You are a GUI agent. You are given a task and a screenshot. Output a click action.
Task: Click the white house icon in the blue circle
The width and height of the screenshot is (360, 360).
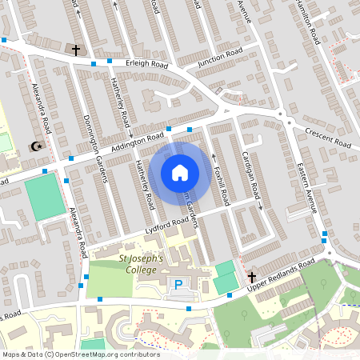point(180,172)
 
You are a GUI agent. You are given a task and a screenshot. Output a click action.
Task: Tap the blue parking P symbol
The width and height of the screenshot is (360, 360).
point(178,284)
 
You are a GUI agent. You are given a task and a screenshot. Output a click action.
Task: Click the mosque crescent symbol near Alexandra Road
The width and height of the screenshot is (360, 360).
point(35,146)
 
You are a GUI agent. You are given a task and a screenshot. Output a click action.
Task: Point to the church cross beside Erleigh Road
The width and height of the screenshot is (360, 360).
point(76,50)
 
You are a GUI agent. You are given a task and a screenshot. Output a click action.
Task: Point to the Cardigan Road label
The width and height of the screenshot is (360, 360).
point(252,169)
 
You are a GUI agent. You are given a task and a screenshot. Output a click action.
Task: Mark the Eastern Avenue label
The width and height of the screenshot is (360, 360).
point(306,183)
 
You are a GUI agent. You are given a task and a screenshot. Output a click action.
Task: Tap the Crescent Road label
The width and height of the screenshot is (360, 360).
point(329,137)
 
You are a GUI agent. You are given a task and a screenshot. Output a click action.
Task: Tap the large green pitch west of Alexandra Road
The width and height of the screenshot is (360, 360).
point(46,197)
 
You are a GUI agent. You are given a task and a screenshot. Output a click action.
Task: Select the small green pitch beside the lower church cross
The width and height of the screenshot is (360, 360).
point(226,275)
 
